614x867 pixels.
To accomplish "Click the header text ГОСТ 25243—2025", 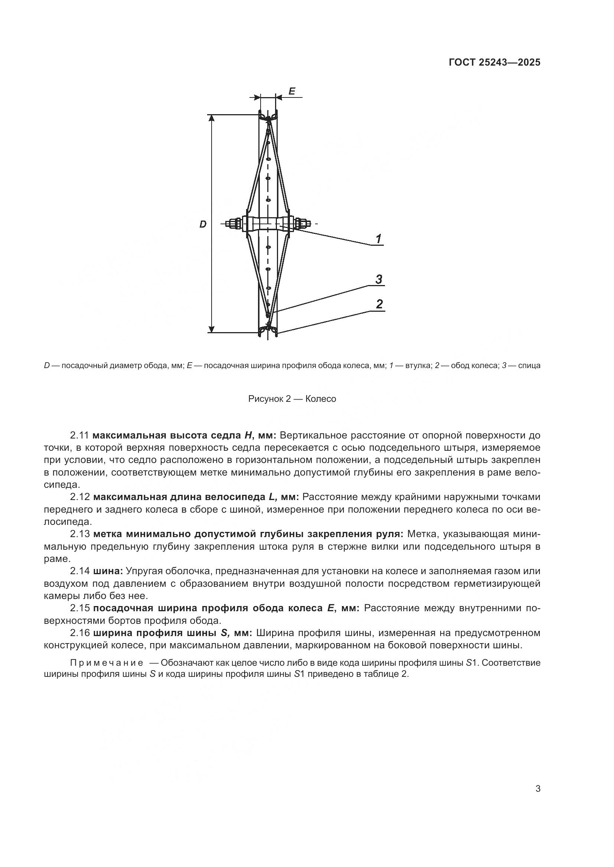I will click(x=494, y=63).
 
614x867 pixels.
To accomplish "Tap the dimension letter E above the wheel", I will click(x=292, y=91).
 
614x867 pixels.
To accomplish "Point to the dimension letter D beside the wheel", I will click(x=203, y=224).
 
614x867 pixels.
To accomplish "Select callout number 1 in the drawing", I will click(x=378, y=239).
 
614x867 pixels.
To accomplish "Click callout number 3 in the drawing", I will click(x=378, y=279).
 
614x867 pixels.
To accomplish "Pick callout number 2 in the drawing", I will click(x=379, y=304).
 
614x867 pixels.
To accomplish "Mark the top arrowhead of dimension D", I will click(x=212, y=118).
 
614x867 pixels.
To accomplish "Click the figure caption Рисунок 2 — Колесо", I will click(x=292, y=399).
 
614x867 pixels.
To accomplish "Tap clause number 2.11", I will click(x=79, y=436).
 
